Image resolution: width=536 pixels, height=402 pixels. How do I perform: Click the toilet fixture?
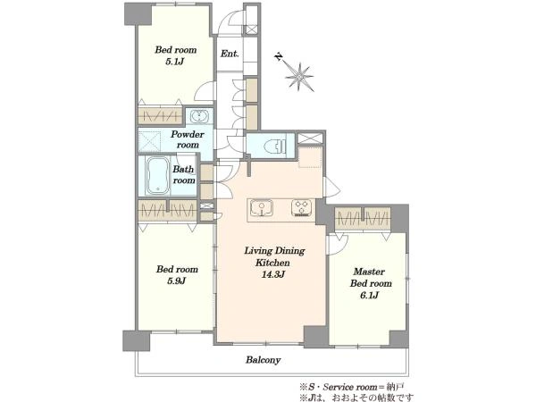275,147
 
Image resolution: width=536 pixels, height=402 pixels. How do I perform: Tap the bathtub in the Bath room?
157,176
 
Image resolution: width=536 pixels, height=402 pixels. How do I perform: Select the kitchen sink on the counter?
262,207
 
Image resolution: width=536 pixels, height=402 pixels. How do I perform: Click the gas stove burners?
302,207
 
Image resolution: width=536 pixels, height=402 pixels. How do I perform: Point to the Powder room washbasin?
198,116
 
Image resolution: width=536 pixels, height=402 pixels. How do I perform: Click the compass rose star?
299,77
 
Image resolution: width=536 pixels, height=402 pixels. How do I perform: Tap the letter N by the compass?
280,56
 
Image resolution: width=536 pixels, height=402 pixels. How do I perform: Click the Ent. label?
230,54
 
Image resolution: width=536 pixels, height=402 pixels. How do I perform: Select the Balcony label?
264,360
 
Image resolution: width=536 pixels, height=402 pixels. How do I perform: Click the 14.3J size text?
273,274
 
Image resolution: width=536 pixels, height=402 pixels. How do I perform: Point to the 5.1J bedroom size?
175,62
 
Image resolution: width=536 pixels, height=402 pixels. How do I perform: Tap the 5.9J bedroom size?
176,281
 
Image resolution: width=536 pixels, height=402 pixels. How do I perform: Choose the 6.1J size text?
370,296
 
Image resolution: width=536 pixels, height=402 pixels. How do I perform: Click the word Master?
369,272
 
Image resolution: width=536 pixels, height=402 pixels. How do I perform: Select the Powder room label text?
188,139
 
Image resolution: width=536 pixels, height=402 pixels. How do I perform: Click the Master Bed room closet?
363,219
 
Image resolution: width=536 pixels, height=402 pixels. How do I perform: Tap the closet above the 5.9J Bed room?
168,210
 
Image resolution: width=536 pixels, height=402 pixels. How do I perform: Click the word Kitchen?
272,263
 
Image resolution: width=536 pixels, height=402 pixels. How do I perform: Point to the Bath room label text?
183,175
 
